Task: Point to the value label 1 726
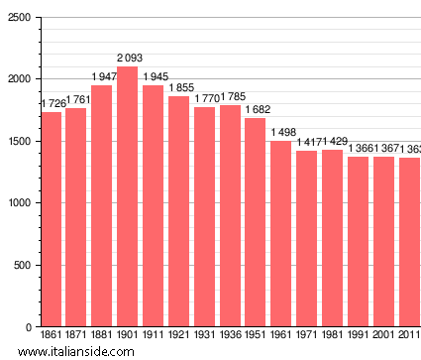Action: pos(53,104)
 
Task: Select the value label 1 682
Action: pos(256,110)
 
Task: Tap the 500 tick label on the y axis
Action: pos(22,265)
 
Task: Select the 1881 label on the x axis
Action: pos(102,336)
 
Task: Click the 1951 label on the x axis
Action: pos(256,336)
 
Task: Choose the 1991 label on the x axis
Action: pos(358,336)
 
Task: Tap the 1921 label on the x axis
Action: pos(178,336)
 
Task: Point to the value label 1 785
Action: pos(230,97)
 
